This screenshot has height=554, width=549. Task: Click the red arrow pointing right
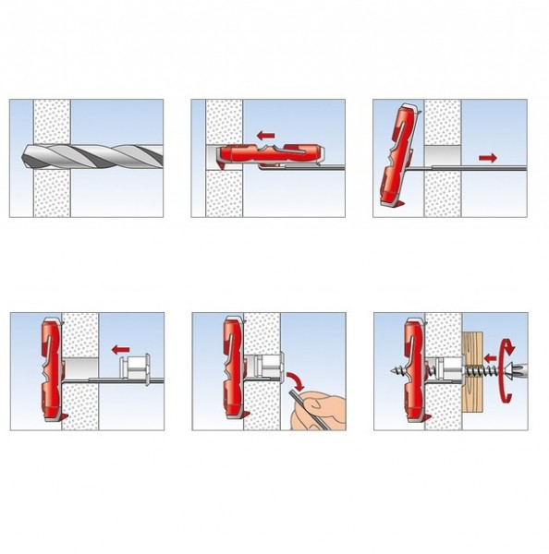click(488, 159)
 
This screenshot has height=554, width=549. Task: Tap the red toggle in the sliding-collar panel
click(50, 369)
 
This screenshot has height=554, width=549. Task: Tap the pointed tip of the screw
click(382, 368)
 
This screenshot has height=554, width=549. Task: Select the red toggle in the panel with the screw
click(413, 369)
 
